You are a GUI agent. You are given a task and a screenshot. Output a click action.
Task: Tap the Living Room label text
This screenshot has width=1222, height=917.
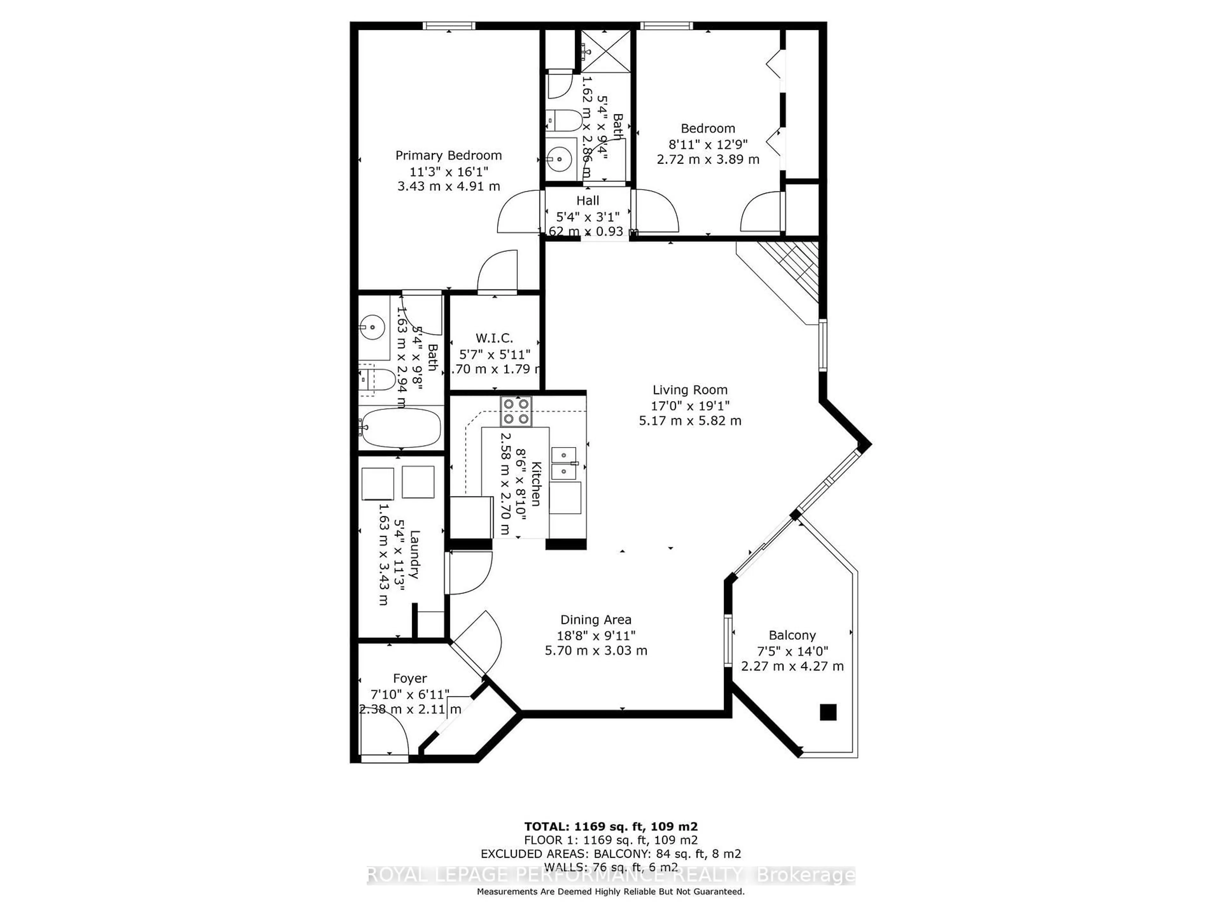tap(690, 390)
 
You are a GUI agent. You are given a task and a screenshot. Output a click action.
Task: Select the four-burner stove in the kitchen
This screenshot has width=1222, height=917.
tap(516, 411)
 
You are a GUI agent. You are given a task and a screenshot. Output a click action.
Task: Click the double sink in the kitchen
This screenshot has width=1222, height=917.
tap(564, 463)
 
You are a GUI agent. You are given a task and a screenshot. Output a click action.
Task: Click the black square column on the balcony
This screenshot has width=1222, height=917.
tap(828, 712)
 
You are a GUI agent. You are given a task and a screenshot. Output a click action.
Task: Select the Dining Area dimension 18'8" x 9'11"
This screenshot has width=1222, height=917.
tap(595, 636)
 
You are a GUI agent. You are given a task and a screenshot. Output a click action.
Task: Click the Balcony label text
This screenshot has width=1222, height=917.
tap(792, 635)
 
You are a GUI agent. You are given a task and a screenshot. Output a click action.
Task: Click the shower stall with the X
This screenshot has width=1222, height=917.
tap(606, 51)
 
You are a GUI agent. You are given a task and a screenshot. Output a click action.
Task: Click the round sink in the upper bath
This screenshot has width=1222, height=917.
tap(560, 160)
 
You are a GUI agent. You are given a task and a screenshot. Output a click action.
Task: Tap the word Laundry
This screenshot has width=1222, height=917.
tap(414, 554)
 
